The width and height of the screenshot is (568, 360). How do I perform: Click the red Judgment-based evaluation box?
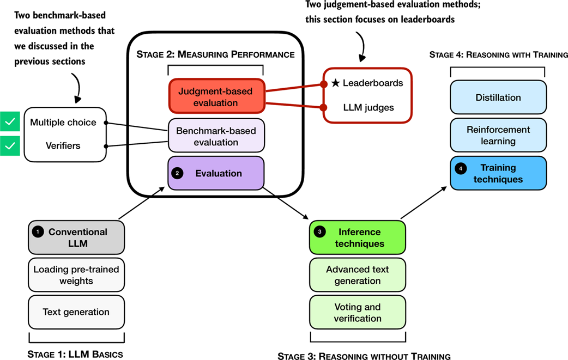(217, 96)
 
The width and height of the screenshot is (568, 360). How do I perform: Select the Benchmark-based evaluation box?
(216, 136)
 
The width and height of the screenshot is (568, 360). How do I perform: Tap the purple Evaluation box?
(216, 173)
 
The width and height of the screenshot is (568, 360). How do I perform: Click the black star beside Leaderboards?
(336, 83)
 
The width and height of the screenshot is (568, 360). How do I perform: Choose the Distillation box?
(498, 97)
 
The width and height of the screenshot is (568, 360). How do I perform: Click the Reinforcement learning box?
(498, 136)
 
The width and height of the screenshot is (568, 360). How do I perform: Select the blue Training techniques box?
(498, 173)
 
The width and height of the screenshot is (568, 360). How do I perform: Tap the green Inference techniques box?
(357, 237)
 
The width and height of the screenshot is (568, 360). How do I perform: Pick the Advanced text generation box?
(357, 275)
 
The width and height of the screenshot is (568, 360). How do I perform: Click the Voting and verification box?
(357, 313)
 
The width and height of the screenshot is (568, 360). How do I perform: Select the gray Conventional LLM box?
(76, 237)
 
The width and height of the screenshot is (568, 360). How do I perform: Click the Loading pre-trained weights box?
(76, 275)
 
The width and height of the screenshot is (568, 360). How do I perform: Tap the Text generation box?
(76, 312)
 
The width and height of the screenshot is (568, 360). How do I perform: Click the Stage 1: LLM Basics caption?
(75, 355)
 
